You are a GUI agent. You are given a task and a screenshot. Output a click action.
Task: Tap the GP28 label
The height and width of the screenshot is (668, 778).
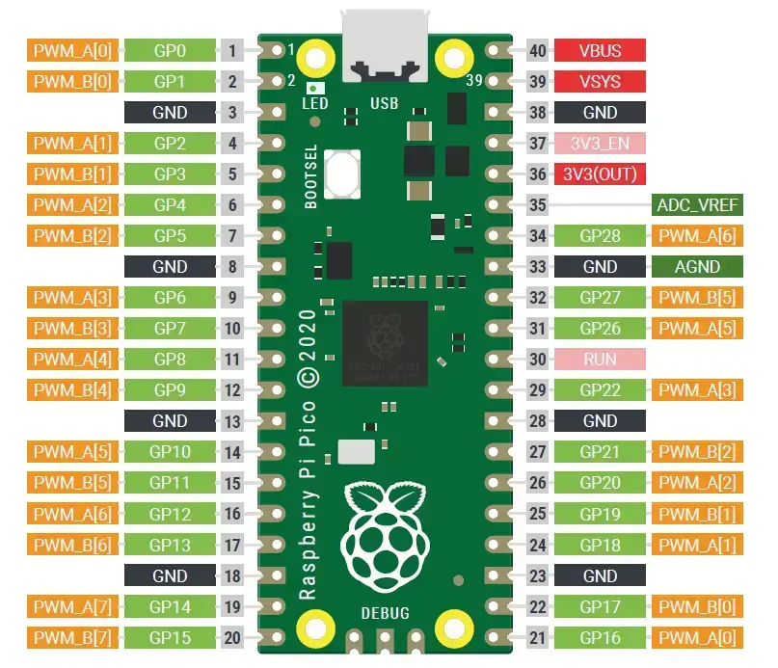600,235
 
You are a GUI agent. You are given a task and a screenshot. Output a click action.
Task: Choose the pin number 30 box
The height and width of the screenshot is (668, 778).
538,360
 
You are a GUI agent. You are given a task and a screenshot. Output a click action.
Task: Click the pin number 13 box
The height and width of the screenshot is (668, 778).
232,421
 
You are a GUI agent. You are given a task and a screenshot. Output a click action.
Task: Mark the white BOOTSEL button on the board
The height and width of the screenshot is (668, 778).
343,174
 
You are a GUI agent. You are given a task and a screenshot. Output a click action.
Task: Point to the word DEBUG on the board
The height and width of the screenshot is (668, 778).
385,613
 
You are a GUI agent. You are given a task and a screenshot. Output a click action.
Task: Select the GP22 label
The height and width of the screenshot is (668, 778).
600,390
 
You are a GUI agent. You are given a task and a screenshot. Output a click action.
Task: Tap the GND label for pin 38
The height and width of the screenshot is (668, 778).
600,113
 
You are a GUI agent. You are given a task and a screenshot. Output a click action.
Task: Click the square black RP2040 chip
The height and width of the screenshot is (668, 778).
385,341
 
